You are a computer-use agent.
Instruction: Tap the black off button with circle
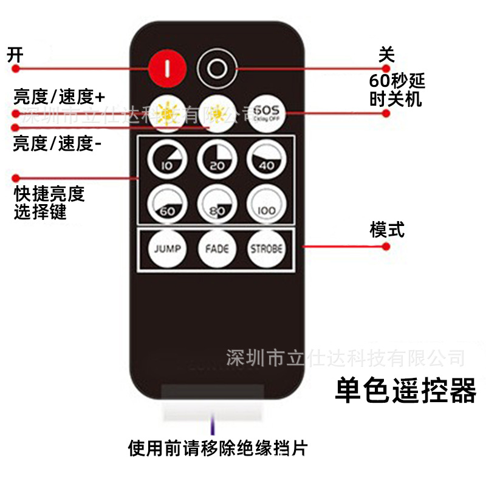(x=216, y=68)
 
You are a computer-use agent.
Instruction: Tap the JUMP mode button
(x=166, y=249)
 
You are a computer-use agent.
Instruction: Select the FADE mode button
(x=216, y=249)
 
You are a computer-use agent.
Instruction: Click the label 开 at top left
(x=15, y=55)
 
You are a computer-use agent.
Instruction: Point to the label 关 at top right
(x=386, y=55)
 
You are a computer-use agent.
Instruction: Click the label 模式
(x=387, y=230)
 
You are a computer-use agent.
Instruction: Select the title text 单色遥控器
(x=406, y=391)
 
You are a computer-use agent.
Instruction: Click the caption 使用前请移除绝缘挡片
(x=218, y=448)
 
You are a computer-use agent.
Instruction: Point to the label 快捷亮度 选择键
(x=49, y=203)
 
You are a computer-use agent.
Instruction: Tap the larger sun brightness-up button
(x=166, y=112)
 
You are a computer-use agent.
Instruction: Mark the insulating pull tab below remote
(x=213, y=402)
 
